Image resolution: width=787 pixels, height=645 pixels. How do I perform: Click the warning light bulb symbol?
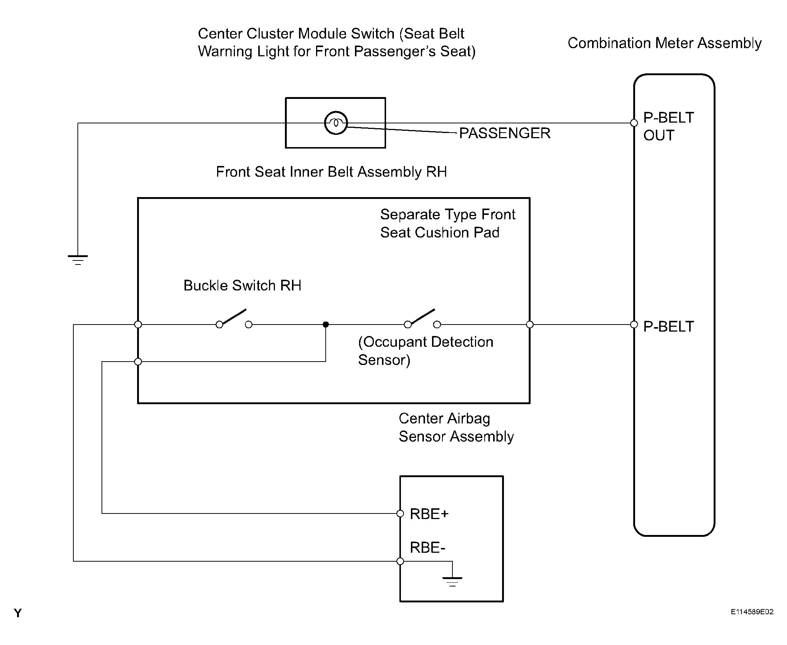[x=336, y=123]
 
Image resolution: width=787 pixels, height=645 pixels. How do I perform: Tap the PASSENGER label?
[x=505, y=133]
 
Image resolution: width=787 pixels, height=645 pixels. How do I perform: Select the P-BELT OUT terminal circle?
[x=634, y=123]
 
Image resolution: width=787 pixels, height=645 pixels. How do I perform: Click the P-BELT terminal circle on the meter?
[x=634, y=325]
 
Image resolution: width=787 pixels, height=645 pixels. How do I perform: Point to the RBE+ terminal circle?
[x=400, y=513]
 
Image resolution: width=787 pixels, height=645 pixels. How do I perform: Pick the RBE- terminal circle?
[x=400, y=561]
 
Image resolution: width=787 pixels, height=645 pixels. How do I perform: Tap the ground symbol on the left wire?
[x=78, y=260]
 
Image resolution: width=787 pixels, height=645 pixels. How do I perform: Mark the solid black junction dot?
[x=326, y=325]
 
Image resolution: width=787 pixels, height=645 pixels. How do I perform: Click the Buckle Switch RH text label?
[x=242, y=285]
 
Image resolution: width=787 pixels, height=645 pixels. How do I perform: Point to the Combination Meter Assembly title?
[x=664, y=43]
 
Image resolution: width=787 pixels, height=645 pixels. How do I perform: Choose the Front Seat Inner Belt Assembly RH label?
[x=332, y=172]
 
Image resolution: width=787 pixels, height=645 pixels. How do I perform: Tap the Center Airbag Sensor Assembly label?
[x=456, y=427]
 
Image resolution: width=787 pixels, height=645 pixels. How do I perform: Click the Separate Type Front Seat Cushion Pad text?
[x=448, y=223]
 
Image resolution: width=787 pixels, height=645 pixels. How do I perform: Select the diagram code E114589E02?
[x=752, y=612]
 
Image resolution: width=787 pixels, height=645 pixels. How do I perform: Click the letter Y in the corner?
[x=18, y=613]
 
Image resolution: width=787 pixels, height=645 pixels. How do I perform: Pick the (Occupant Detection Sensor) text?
[x=426, y=351]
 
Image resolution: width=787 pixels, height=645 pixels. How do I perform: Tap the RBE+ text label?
[x=429, y=514]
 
